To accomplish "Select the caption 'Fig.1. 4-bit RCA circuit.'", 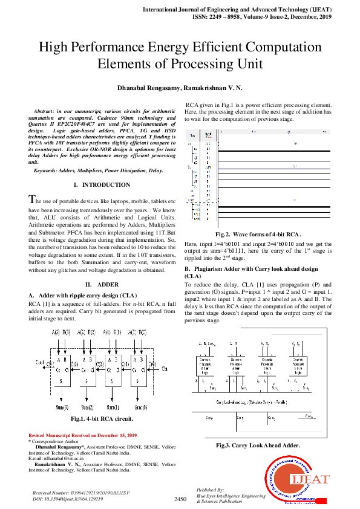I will click(102, 418).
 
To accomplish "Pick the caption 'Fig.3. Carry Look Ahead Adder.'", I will click(258, 445).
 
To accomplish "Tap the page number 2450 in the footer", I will click(180, 499).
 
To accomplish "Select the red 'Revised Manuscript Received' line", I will click(83, 435).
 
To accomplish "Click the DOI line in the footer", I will click(63, 499).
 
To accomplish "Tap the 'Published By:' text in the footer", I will click(210, 490).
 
